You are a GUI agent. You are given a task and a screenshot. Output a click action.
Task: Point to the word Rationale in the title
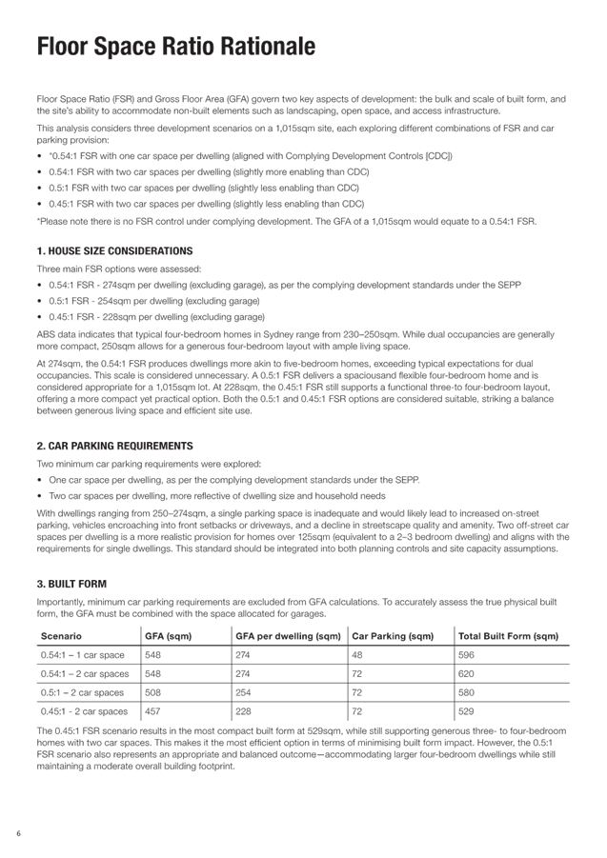click(269, 47)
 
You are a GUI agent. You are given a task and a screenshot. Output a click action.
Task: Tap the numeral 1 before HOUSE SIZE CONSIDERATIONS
click(39, 251)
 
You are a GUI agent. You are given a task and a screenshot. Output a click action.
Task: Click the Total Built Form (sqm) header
click(494, 635)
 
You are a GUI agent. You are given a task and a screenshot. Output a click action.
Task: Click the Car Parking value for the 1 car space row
click(358, 655)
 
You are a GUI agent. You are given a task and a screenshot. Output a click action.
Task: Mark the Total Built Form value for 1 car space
click(466, 655)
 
